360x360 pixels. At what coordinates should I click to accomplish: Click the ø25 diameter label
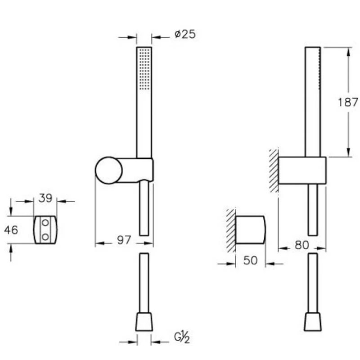tap(185, 35)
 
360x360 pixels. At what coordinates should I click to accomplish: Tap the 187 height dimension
tap(348, 102)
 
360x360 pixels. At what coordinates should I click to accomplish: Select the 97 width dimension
tap(124, 240)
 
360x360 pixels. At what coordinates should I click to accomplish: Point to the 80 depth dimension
tap(301, 245)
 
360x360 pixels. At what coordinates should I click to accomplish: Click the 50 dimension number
tap(250, 261)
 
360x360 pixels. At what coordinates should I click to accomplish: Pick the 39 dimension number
tap(45, 198)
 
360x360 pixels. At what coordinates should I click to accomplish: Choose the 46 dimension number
tap(11, 230)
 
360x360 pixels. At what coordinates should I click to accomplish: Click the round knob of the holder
tap(108, 171)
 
